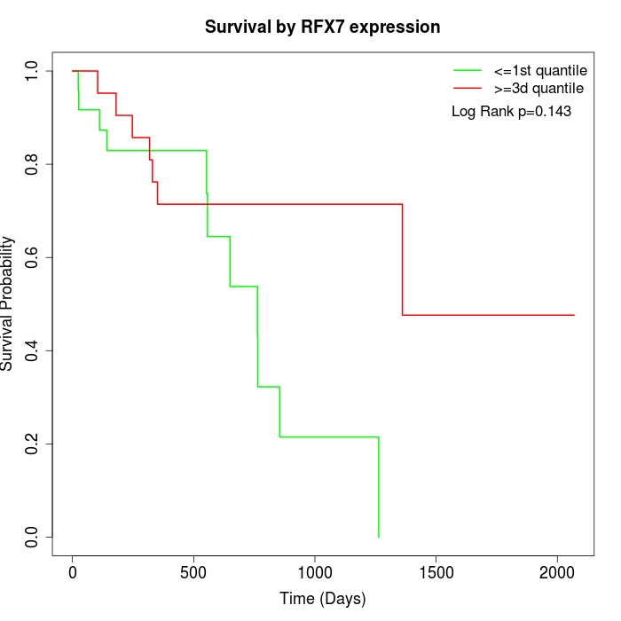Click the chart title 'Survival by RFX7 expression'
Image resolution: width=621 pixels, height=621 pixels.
(322, 28)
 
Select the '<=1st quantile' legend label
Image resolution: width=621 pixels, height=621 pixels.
(539, 70)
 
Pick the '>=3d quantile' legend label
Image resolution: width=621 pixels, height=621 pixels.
(538, 89)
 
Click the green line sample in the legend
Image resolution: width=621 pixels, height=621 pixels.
(467, 70)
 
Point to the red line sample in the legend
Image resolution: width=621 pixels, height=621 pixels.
(467, 89)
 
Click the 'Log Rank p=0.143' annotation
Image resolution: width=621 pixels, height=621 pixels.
(511, 112)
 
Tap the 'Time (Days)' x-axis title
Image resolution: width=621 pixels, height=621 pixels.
(322, 599)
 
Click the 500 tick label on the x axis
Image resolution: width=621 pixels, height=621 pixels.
(193, 572)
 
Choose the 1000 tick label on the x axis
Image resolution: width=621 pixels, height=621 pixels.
(314, 572)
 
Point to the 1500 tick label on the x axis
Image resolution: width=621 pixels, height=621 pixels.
(436, 572)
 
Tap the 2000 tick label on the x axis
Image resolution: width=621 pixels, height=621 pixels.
(557, 572)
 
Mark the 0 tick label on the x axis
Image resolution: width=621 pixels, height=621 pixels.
(73, 572)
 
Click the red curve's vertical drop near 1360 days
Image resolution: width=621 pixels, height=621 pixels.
(403, 259)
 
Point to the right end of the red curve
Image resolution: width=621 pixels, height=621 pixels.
(574, 315)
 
